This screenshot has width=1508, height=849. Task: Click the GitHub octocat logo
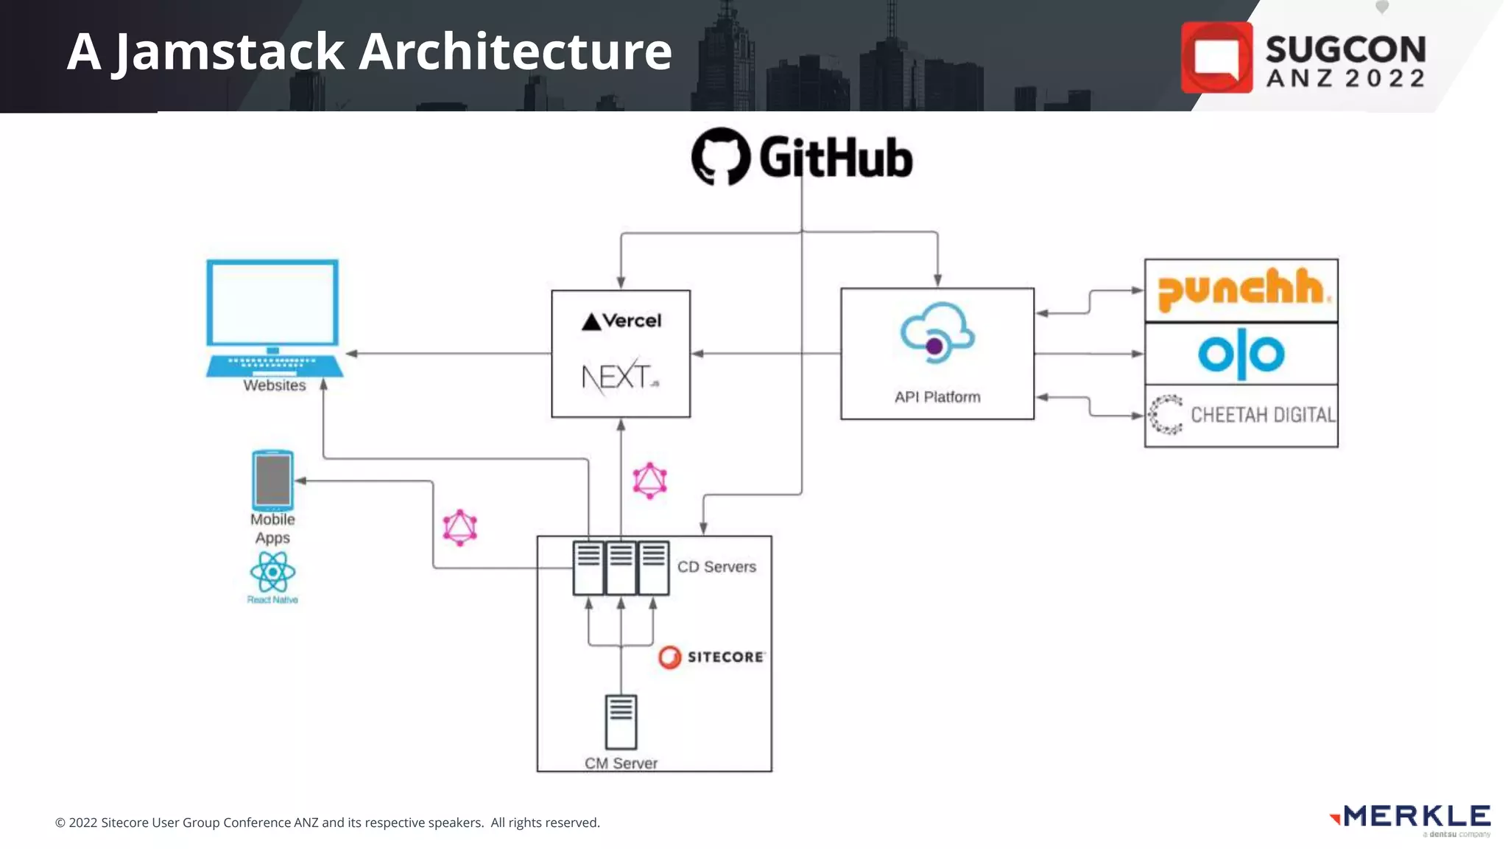click(x=720, y=156)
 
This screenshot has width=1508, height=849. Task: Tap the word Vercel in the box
click(x=632, y=321)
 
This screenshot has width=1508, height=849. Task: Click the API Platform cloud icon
click(x=937, y=333)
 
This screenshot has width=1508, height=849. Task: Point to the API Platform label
click(x=937, y=396)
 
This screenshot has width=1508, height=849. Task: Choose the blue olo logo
click(x=1241, y=354)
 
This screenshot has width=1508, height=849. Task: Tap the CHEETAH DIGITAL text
click(x=1262, y=415)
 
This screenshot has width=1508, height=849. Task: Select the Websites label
click(x=274, y=385)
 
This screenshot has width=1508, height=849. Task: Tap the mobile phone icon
click(x=272, y=480)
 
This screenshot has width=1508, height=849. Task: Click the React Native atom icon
click(x=272, y=572)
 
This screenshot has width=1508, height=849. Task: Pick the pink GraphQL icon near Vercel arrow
click(x=649, y=481)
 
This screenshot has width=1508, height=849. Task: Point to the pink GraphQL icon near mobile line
click(x=460, y=528)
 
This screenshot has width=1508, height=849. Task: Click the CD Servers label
click(x=716, y=567)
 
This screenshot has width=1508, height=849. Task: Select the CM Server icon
click(x=621, y=722)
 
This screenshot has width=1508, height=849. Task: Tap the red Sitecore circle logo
click(x=670, y=657)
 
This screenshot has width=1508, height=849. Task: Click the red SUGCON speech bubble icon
click(x=1216, y=57)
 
